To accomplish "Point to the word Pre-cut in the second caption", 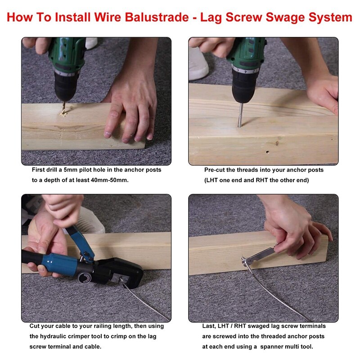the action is coord(215,170).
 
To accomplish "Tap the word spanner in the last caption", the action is coord(270,346).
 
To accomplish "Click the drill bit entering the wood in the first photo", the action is coord(64,107).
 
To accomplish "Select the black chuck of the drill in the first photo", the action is coord(65,86).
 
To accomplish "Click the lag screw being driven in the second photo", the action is coord(240,115).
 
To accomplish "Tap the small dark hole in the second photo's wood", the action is coord(267,152).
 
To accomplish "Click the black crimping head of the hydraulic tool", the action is coord(121,272).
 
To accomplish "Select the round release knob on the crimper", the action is coord(85,278).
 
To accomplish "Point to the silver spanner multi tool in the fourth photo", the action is coord(259,255).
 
